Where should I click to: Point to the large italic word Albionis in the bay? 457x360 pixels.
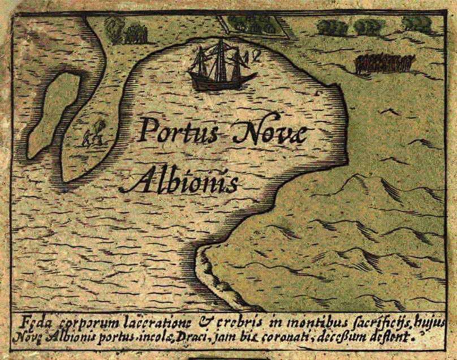click(x=184, y=181)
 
